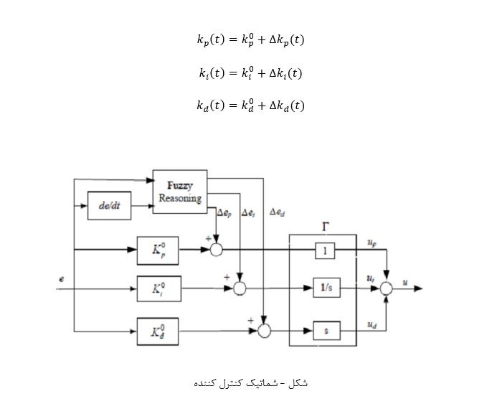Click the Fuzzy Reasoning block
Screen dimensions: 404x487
pyautogui.click(x=179, y=192)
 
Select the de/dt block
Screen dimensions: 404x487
pyautogui.click(x=108, y=207)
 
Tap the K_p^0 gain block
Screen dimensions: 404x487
pyautogui.click(x=158, y=250)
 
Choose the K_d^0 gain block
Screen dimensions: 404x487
pyautogui.click(x=158, y=331)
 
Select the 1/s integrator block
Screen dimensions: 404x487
pyautogui.click(x=326, y=288)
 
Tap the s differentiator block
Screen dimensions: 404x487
pyautogui.click(x=326, y=330)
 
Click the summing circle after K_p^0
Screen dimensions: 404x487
pyautogui.click(x=216, y=250)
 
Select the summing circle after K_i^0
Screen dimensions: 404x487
pyautogui.click(x=240, y=288)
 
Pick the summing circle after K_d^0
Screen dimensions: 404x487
pyautogui.click(x=264, y=331)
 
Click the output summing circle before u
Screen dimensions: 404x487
pyautogui.click(x=387, y=288)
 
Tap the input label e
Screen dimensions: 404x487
pyautogui.click(x=62, y=278)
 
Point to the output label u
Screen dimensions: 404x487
pyautogui.click(x=406, y=283)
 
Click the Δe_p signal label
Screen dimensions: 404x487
pyautogui.click(x=224, y=213)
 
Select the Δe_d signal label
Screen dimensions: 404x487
pyautogui.click(x=277, y=212)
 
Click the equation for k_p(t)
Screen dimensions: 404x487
pyautogui.click(x=250, y=40)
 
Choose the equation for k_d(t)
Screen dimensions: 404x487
pyautogui.click(x=250, y=105)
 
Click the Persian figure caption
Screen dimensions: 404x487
pyautogui.click(x=250, y=382)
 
